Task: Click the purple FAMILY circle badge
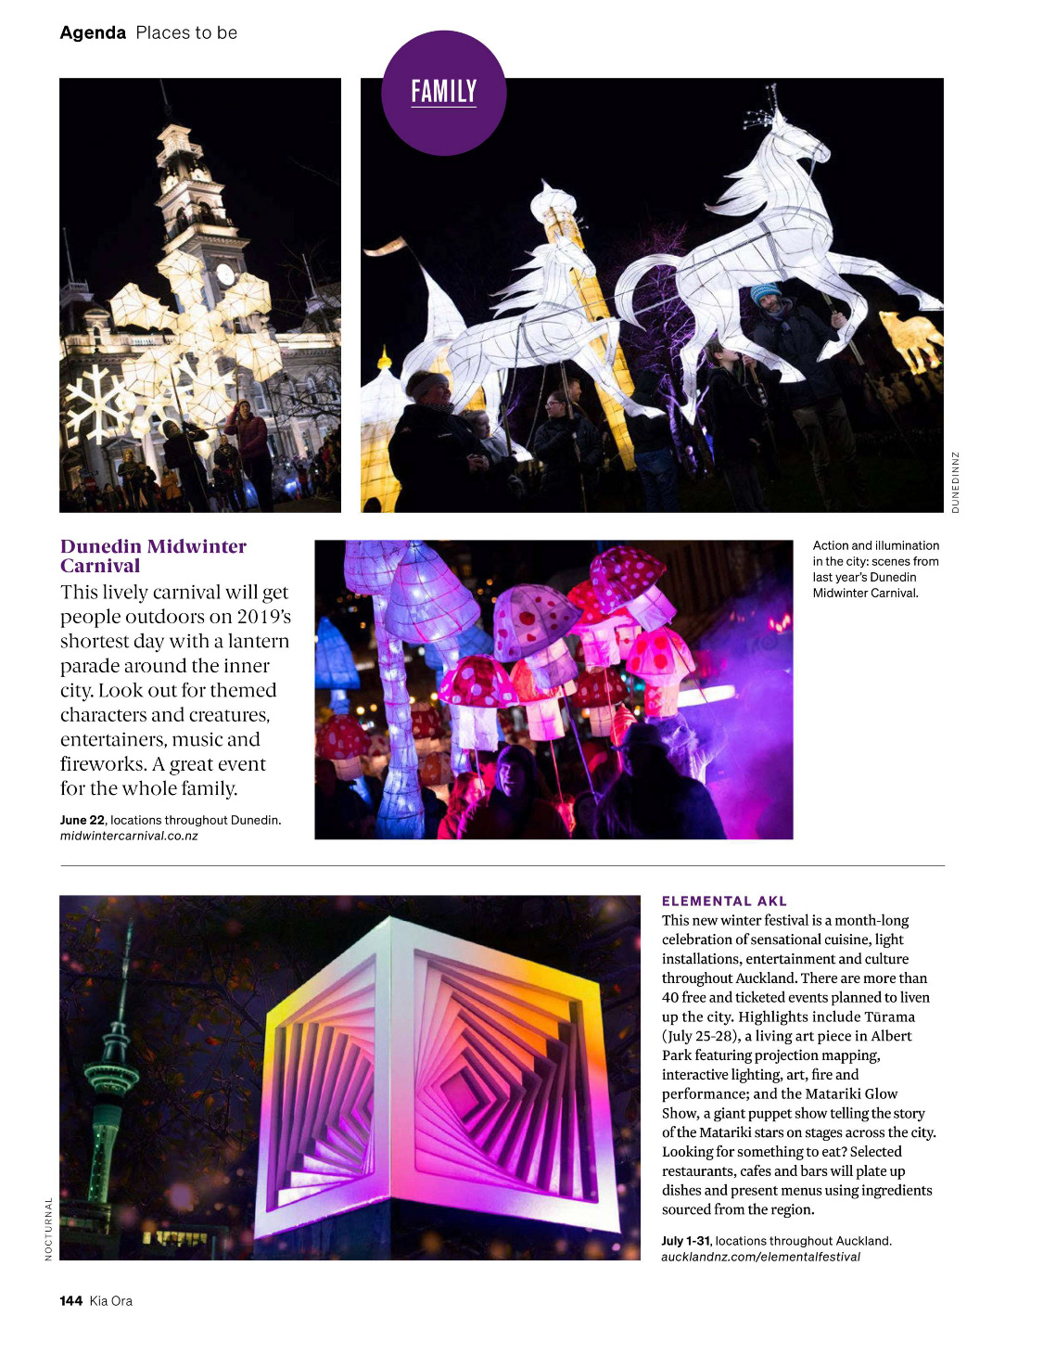pyautogui.click(x=443, y=93)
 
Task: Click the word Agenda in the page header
pyautogui.click(x=93, y=33)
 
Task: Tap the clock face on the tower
pyautogui.click(x=224, y=274)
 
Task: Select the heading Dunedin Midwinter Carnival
pyautogui.click(x=153, y=556)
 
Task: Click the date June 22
pyautogui.click(x=83, y=820)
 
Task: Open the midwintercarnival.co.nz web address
pyautogui.click(x=129, y=836)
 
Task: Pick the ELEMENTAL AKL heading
pyautogui.click(x=724, y=901)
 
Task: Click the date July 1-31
pyautogui.click(x=685, y=1241)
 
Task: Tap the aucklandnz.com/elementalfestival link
pyautogui.click(x=760, y=1257)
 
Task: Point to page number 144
pyautogui.click(x=71, y=1301)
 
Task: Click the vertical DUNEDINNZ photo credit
pyautogui.click(x=956, y=482)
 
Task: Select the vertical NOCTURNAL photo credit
pyautogui.click(x=49, y=1229)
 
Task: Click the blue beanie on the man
pyautogui.click(x=766, y=292)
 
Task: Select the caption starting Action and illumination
pyautogui.click(x=875, y=569)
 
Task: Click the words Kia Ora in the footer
pyautogui.click(x=111, y=1301)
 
